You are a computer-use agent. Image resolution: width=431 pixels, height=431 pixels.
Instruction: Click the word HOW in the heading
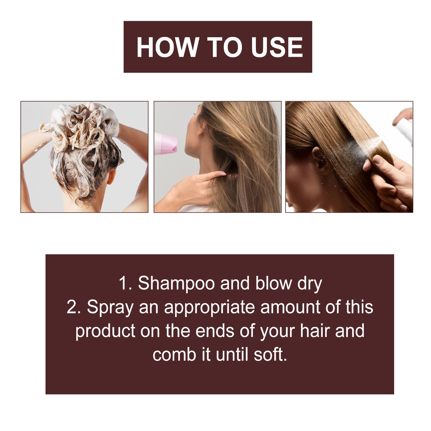(168, 47)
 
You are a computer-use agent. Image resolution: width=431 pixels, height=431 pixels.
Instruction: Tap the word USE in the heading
(277, 47)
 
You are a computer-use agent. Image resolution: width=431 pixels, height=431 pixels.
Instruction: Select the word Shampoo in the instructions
(176, 283)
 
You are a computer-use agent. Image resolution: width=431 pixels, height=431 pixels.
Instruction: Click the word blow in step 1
(273, 283)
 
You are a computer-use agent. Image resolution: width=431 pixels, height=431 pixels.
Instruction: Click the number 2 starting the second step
(73, 307)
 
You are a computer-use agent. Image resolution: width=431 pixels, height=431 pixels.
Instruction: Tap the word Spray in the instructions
(110, 308)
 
